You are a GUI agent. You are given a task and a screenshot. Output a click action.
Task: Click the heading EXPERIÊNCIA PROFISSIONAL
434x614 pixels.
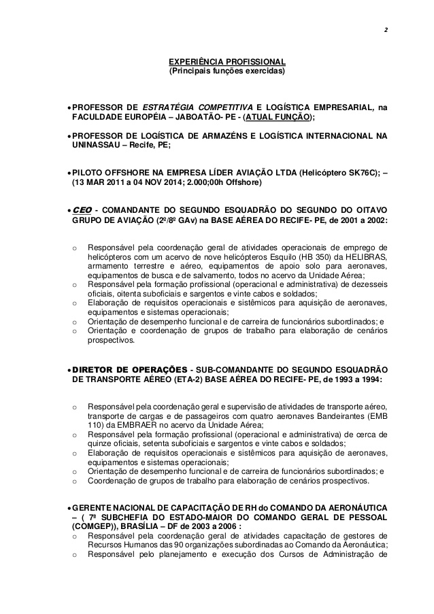pyautogui.click(x=227, y=62)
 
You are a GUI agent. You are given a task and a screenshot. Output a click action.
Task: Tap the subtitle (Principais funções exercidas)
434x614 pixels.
pyautogui.click(x=227, y=71)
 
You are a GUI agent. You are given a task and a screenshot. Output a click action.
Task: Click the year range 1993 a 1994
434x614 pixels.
pyautogui.click(x=352, y=379)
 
